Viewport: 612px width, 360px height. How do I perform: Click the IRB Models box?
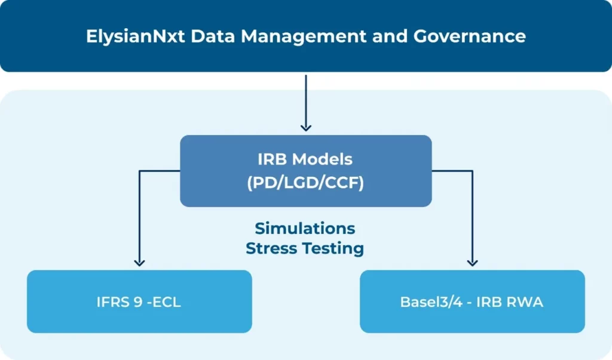click(305, 171)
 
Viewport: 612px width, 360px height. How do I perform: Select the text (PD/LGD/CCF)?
click(305, 184)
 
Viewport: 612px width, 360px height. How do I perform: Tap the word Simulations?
click(305, 228)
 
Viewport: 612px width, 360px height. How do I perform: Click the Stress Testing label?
click(305, 248)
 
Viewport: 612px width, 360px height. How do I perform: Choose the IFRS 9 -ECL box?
click(139, 301)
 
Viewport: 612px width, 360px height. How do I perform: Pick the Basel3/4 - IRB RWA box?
click(472, 301)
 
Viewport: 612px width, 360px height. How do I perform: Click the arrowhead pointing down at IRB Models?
click(305, 127)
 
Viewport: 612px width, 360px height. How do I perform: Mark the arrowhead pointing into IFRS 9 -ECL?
click(139, 261)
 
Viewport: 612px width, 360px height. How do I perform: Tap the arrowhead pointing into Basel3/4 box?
click(472, 261)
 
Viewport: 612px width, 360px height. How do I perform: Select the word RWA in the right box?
click(527, 302)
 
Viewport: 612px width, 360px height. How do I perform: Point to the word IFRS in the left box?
click(114, 302)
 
